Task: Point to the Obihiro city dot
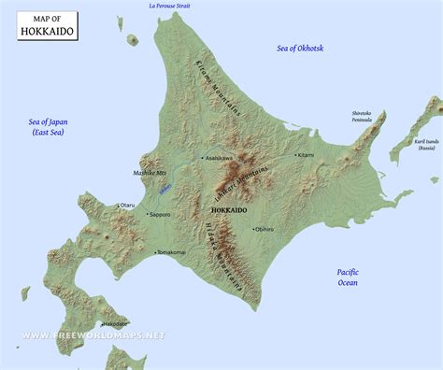(x=252, y=228)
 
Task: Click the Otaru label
(x=127, y=205)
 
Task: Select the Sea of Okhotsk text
(x=300, y=48)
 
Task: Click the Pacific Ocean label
(x=348, y=277)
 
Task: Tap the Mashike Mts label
(x=149, y=174)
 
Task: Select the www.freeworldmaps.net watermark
(x=93, y=335)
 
